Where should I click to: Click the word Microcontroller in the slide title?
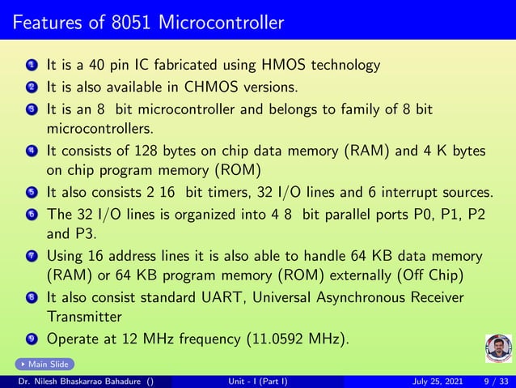(x=221, y=21)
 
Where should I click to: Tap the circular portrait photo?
(x=498, y=349)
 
